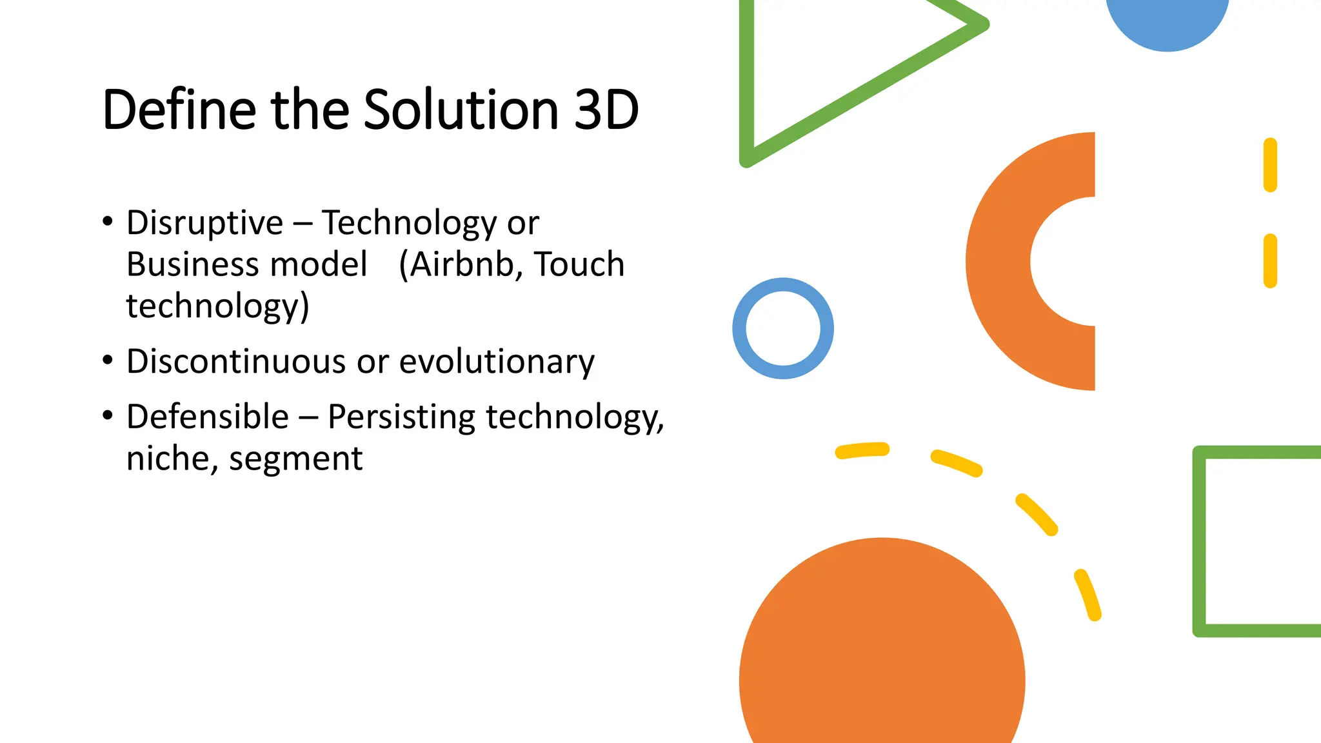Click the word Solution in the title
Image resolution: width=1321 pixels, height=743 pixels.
(x=461, y=110)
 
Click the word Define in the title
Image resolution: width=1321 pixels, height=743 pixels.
(x=179, y=110)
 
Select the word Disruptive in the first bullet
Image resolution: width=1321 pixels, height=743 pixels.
(x=204, y=223)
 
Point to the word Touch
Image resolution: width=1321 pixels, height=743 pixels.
(x=579, y=264)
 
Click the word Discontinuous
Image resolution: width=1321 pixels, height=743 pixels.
(x=236, y=361)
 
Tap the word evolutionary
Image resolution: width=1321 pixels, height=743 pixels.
(x=497, y=362)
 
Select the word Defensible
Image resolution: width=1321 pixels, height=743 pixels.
(x=208, y=417)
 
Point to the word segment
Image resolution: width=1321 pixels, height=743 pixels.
(x=296, y=460)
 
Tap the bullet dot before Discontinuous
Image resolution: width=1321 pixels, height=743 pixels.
(x=108, y=361)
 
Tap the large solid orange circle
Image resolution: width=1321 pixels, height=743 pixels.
(x=882, y=651)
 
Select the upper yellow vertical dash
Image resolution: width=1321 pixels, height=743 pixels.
(x=1270, y=165)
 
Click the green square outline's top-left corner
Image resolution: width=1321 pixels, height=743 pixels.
(x=1200, y=453)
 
